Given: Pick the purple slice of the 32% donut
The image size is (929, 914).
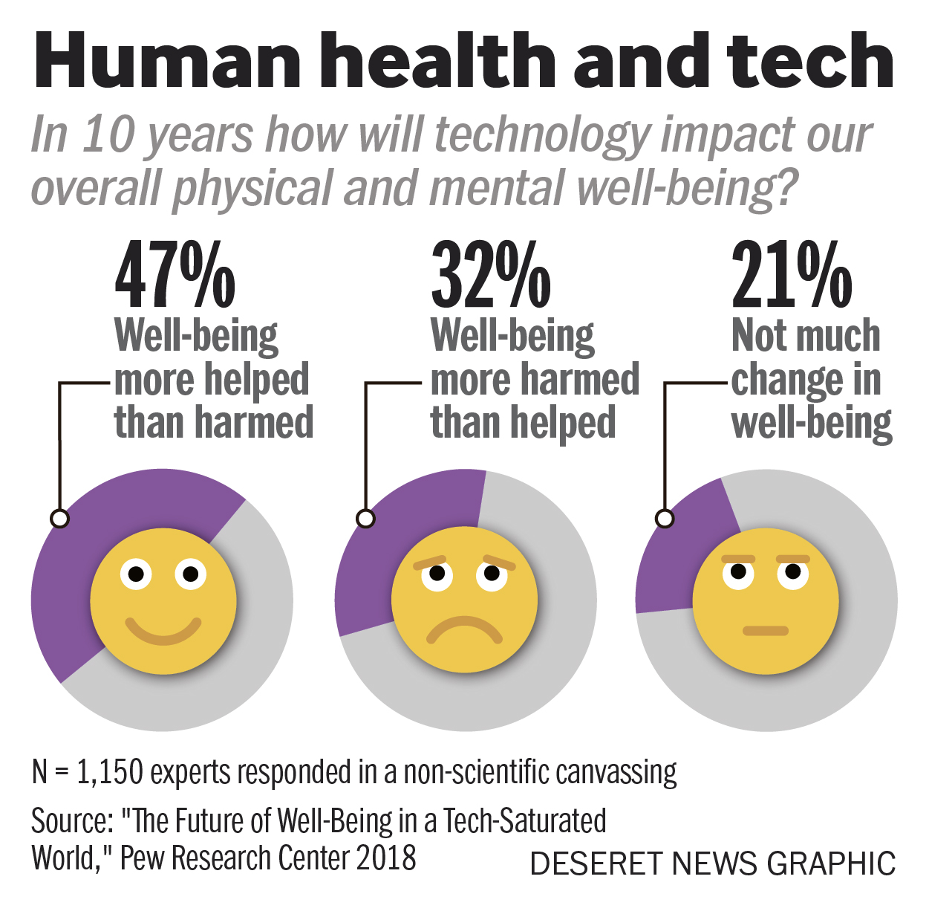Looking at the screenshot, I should (x=386, y=542).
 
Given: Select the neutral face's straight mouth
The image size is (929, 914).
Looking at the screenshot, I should (x=766, y=631).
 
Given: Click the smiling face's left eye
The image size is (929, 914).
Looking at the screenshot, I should (x=136, y=574).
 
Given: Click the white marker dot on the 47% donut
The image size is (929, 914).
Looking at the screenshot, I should (x=59, y=518).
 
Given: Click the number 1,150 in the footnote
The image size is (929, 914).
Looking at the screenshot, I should (x=109, y=773).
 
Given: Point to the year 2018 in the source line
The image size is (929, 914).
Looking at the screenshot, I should (x=385, y=858).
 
